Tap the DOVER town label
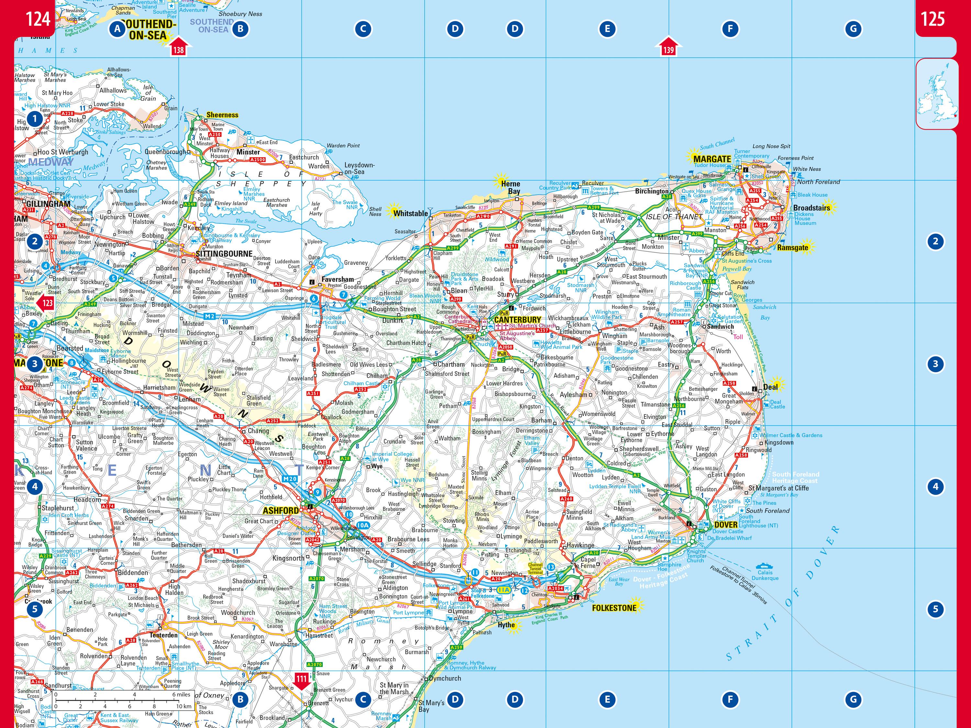pyautogui.click(x=726, y=525)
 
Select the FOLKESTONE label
pyautogui.click(x=614, y=608)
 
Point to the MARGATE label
pyautogui.click(x=712, y=159)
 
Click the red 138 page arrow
pyautogui.click(x=178, y=47)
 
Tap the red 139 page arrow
pyautogui.click(x=668, y=47)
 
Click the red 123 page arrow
pyautogui.click(x=46, y=303)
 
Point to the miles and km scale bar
pyautogui.click(x=123, y=700)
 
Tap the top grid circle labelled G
pyautogui.click(x=853, y=29)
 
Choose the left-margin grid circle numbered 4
pyautogui.click(x=35, y=487)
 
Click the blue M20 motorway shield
pyautogui.click(x=290, y=479)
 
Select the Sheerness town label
pyautogui.click(x=222, y=115)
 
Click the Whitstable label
pyautogui.click(x=410, y=213)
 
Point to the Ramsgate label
pyautogui.click(x=792, y=247)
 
